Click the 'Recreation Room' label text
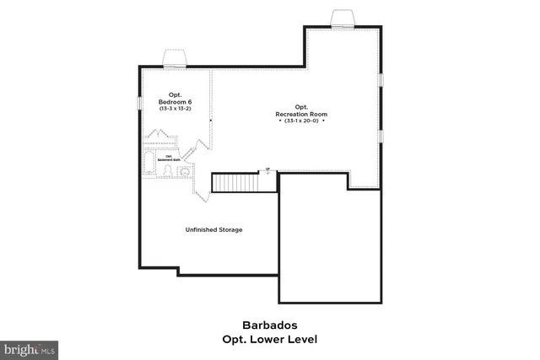pos(301,114)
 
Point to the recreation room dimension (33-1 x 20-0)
pos(301,121)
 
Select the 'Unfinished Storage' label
pos(214,229)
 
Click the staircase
pos(234,181)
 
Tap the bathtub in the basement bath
pos(150,160)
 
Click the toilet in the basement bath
pos(168,171)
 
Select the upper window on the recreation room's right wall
pos(381,80)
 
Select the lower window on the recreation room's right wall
pos(381,135)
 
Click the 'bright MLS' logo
pos(30,348)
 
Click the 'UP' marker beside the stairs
pos(268,170)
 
